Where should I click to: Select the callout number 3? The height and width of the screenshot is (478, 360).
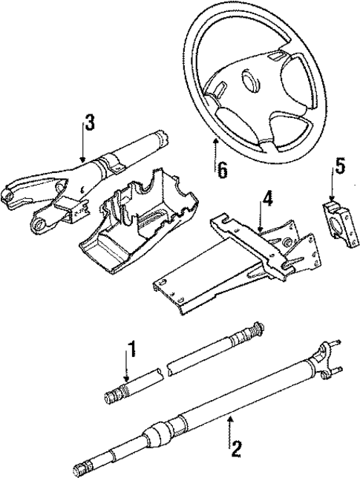[x=89, y=122]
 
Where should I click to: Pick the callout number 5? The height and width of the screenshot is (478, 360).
[x=340, y=166]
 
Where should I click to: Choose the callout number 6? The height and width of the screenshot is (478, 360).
[x=221, y=169]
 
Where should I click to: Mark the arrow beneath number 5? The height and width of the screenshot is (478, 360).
[x=336, y=189]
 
